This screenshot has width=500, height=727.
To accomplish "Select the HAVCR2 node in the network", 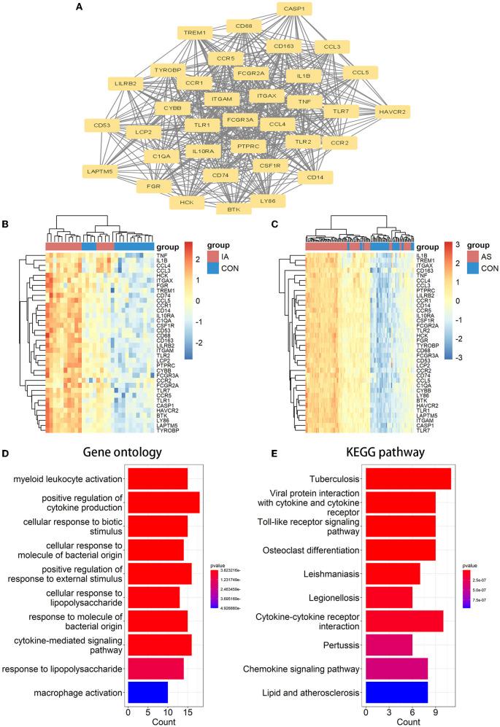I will point(392,112).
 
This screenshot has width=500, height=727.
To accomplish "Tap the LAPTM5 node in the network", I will point(100,171).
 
